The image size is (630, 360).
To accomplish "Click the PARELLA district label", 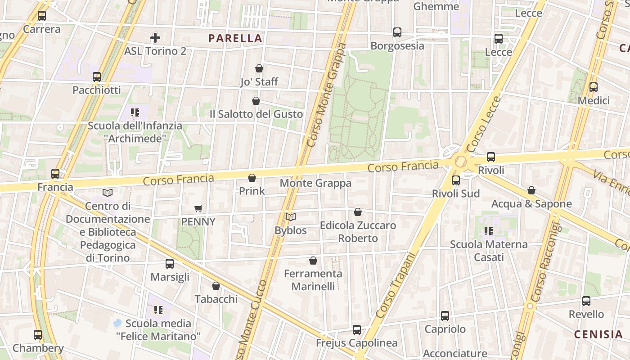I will click(235, 38).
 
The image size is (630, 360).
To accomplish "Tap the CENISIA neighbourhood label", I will click(598, 334).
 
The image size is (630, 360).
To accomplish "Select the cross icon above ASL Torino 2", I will click(155, 37).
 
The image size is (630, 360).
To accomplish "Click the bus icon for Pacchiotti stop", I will click(97, 77).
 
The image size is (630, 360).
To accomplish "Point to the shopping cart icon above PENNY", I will click(198, 208).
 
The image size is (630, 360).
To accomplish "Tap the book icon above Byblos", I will click(291, 217).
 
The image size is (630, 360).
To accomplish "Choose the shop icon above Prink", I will click(252, 178).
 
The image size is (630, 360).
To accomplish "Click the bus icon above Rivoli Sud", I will click(456, 180).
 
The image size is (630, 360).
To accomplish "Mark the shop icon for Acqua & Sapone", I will click(531, 191).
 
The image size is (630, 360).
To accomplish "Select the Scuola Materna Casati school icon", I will click(489, 231).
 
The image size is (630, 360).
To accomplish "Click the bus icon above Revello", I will click(586, 301).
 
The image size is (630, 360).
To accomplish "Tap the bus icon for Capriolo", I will click(445, 316).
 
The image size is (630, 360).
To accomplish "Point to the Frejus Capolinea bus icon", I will click(357, 330).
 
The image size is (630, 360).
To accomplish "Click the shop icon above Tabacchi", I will click(216, 286).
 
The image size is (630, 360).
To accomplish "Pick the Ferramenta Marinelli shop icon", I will click(313, 261).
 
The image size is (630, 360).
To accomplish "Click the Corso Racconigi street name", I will click(545, 261).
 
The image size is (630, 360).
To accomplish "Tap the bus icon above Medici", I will click(594, 87).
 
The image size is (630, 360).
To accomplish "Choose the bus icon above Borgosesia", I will click(397, 32).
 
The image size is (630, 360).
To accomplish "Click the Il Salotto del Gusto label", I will click(256, 114).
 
